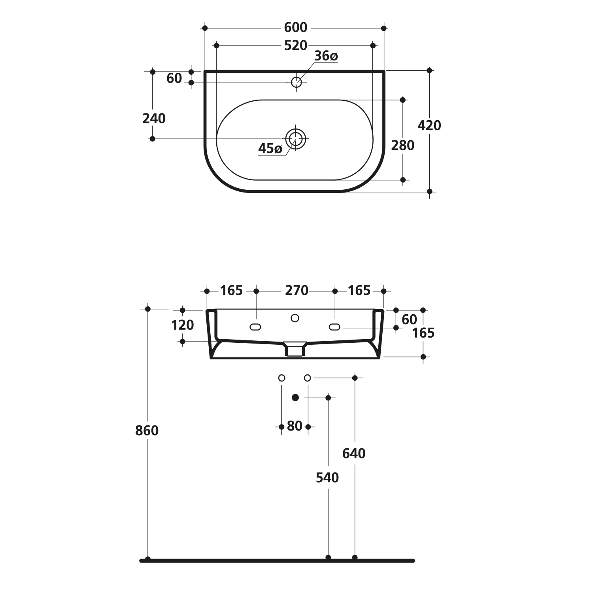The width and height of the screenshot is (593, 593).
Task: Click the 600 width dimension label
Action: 296,28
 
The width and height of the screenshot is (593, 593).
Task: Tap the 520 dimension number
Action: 296,46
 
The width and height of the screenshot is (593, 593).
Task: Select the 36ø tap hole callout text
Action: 326,56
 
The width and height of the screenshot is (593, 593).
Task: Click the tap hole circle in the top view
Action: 296,82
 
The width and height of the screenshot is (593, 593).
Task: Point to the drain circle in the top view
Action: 296,139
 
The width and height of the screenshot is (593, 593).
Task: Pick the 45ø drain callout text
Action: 270,149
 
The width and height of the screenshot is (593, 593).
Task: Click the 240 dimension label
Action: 154,118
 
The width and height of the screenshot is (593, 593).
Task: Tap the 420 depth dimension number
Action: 429,125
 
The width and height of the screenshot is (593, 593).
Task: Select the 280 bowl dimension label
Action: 403,145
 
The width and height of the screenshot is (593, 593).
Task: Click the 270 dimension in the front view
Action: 296,291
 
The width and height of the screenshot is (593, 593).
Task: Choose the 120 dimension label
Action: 182,325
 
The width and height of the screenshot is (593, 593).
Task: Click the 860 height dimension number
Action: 147,431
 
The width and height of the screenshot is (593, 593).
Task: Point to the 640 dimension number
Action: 354,453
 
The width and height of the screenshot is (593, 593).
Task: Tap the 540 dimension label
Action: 327,478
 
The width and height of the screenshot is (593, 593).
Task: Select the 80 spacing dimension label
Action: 295,426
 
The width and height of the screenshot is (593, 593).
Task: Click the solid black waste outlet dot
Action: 295,398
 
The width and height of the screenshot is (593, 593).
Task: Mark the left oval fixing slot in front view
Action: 255,327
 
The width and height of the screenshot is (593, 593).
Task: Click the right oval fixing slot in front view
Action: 334,327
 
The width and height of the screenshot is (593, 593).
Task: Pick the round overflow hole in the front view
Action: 295,318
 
